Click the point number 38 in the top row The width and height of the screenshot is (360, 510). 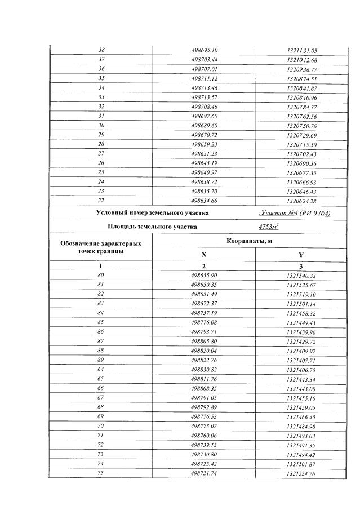pos(102,50)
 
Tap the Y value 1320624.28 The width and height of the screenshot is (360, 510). pos(302,201)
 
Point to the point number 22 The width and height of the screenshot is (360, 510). pos(102,201)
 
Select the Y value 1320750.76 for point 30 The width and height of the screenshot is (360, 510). pos(302,125)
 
